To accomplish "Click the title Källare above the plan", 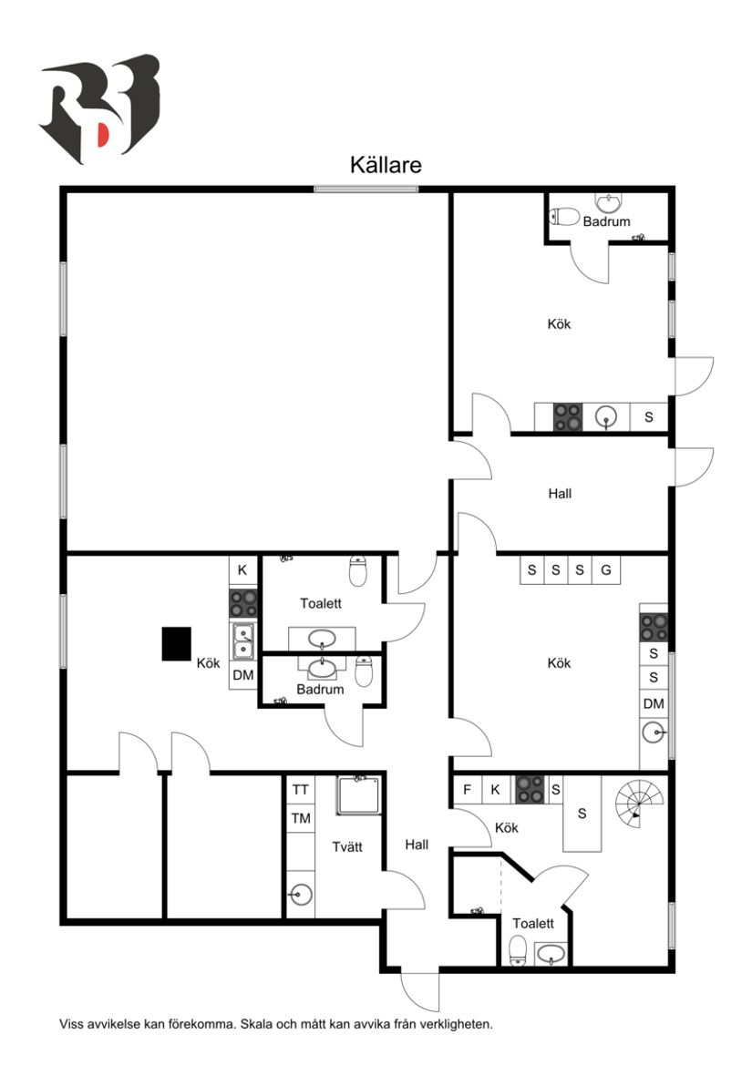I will (386, 165).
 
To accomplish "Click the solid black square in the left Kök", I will (177, 643).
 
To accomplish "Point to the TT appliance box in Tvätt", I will (301, 790).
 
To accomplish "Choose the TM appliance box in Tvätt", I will (301, 818).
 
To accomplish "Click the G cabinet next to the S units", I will (604, 570).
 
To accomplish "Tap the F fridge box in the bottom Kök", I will (467, 790).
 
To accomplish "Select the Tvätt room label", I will (347, 846).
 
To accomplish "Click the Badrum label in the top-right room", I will (606, 221).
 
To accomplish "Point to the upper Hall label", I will (560, 494).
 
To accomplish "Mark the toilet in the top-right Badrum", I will (566, 217).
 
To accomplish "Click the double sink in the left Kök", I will (243, 641).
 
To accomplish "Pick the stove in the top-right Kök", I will (568, 417).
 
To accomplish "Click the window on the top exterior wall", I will (366, 189).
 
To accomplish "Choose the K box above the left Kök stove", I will (242, 570).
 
